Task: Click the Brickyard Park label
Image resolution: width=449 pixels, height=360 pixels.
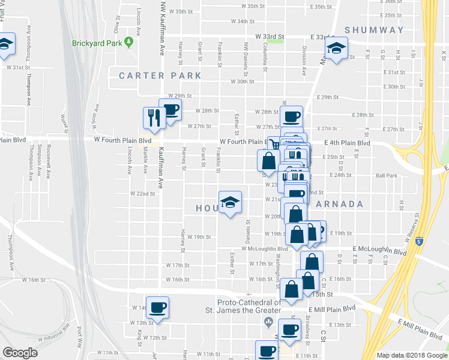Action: tap(97, 43)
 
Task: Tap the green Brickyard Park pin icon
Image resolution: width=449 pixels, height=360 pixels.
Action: tap(128, 42)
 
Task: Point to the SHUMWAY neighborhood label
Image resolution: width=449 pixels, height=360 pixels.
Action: tap(375, 30)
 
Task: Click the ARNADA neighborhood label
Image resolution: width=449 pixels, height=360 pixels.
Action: tap(339, 204)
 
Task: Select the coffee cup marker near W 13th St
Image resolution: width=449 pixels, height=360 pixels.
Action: tap(157, 308)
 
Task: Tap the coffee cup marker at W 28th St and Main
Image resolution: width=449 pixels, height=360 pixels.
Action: tap(292, 116)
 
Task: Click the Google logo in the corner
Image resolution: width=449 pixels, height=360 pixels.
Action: tap(20, 353)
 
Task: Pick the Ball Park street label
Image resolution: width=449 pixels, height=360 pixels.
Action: tap(386, 176)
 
